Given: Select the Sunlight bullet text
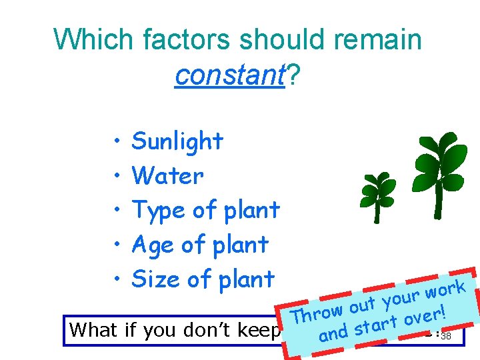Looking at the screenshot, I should tap(177, 141).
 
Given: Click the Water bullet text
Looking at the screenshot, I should tap(167, 176).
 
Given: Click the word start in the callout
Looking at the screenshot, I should tap(377, 324).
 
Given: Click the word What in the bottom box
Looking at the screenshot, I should tap(96, 330).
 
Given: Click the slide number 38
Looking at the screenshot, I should tap(446, 336).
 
